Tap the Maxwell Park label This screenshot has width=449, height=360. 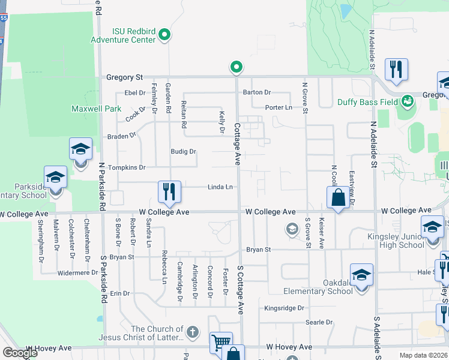point(96,109)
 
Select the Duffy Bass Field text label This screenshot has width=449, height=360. point(368,103)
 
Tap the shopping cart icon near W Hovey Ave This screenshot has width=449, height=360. point(221,343)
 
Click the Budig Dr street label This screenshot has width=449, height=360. point(184,152)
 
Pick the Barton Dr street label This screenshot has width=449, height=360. point(258,92)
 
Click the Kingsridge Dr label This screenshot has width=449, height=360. point(285,308)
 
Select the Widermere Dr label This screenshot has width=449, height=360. point(77,272)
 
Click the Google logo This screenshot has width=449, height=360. point(20,353)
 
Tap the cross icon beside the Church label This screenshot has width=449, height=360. point(193,331)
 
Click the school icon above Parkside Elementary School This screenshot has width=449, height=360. point(55,177)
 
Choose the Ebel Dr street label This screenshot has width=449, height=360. point(134,92)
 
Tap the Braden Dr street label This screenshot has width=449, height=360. point(122,137)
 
